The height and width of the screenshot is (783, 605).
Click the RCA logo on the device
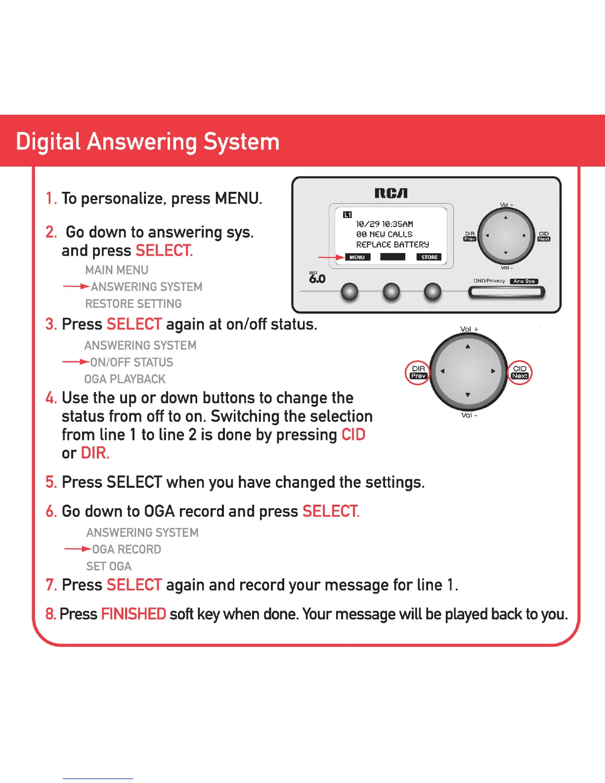391,193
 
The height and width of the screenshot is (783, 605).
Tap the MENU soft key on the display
357,257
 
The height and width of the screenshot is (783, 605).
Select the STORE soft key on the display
429,257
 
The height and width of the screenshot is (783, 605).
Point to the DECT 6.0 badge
317,277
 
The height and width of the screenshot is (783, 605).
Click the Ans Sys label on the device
524,281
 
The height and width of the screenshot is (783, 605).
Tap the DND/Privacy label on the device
489,281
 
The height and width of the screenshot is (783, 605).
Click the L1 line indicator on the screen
347,215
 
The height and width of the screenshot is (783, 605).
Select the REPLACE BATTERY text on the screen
392,245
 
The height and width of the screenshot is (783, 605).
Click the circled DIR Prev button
418,372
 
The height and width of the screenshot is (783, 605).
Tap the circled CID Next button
519,372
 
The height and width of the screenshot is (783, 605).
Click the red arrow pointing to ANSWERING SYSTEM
76,287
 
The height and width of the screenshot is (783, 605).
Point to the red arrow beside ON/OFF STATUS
76,361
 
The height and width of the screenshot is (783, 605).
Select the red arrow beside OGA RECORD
78,549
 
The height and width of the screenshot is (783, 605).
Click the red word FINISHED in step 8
133,614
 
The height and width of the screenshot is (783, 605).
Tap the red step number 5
51,482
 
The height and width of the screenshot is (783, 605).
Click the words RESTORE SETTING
133,304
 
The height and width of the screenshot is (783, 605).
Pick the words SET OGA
109,566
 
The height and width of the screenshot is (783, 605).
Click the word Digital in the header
48,142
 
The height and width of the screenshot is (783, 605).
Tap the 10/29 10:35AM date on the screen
385,224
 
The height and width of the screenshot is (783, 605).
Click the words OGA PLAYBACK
125,379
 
